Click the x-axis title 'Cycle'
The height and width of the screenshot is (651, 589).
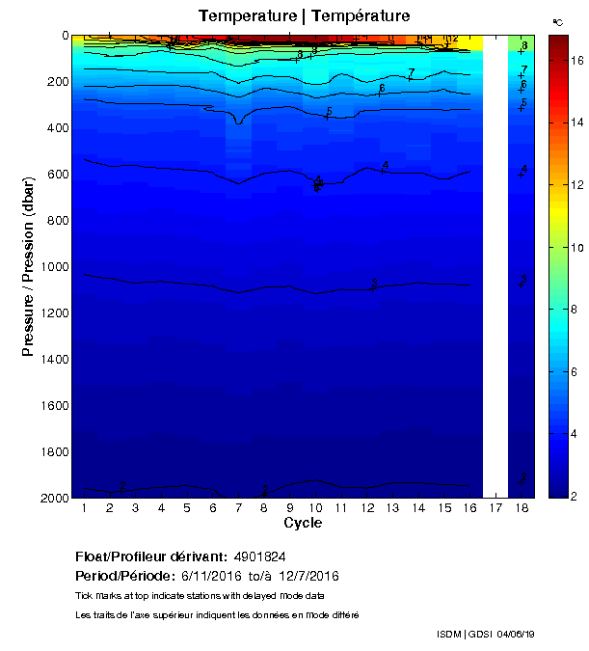tap(303, 524)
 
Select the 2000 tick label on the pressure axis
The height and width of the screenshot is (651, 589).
tap(52, 498)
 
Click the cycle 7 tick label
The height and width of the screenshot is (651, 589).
tap(238, 508)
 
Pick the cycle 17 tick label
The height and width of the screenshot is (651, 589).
tap(495, 508)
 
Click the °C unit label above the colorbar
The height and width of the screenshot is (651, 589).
tap(557, 21)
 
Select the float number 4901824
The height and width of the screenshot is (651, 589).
tap(258, 556)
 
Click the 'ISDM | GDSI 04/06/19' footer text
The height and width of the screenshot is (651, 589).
tap(486, 634)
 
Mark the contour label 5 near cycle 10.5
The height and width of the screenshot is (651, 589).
tap(329, 112)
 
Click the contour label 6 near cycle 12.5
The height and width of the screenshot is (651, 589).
tap(382, 89)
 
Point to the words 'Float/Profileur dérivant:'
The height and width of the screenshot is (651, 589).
tap(149, 556)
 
